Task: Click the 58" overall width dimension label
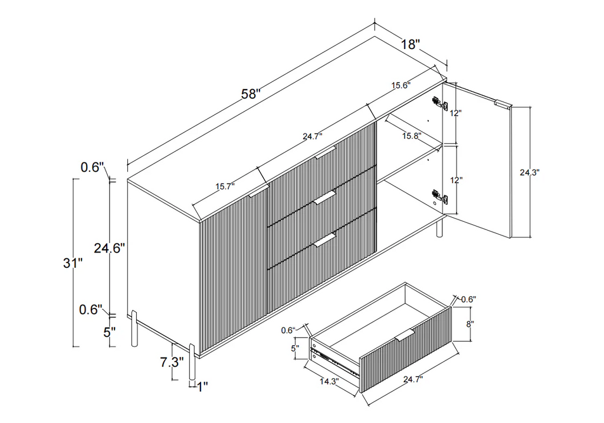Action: pos(251,94)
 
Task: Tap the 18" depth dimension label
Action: pos(411,44)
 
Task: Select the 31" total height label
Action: pos(73,264)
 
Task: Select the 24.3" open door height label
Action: pos(530,173)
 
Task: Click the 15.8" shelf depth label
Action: pos(411,136)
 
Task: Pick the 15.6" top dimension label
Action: pos(402,85)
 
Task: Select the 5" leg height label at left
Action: pos(109,332)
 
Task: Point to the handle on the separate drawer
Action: pos(405,335)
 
